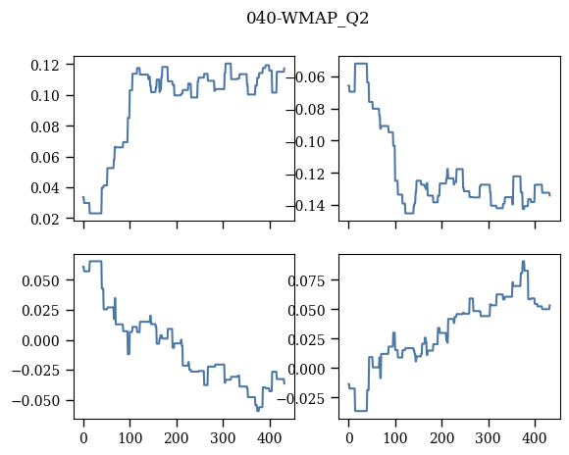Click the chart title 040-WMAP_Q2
[x=307, y=19]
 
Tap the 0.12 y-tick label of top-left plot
[x=45, y=66]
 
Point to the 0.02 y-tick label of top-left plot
[x=45, y=219]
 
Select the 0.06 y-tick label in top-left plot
[x=45, y=158]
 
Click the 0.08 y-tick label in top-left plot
[x=45, y=127]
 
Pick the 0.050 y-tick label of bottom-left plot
[x=40, y=280]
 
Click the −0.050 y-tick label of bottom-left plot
[x=35, y=401]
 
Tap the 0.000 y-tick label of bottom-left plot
[x=40, y=341]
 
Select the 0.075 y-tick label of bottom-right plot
[x=306, y=280]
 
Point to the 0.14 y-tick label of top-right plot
[x=310, y=206]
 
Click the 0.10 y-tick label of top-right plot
[x=310, y=141]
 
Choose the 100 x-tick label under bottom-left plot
[x=130, y=438]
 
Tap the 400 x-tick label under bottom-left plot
[x=270, y=438]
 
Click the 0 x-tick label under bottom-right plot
[x=349, y=438]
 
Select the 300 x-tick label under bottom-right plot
[x=489, y=438]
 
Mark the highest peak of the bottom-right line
[x=523, y=261]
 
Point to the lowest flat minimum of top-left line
[x=95, y=213]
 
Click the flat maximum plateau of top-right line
[x=361, y=64]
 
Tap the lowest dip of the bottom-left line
[x=258, y=410]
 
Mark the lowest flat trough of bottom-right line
[x=361, y=411]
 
